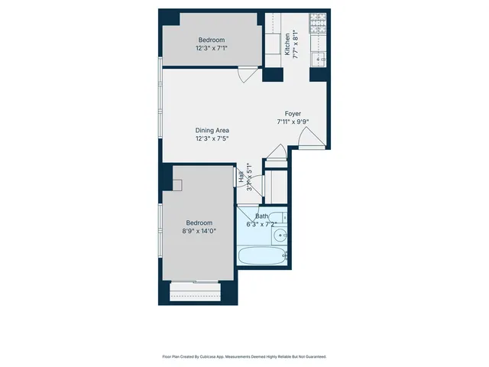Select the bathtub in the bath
(262, 255)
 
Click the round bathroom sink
(280, 235)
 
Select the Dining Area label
(212, 130)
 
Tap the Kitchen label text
(287, 44)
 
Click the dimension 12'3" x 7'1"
(212, 48)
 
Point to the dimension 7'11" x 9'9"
(293, 121)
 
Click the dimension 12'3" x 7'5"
(212, 138)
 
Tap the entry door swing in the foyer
(309, 138)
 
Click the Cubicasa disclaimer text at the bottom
(244, 356)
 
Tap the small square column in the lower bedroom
(176, 184)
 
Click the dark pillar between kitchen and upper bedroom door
(272, 74)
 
